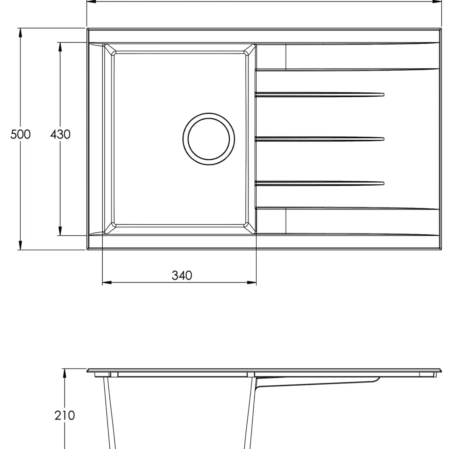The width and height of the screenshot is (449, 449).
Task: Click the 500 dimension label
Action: tap(21, 134)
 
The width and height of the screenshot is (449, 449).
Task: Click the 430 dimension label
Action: tap(60, 134)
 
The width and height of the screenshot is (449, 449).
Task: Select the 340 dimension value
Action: tap(182, 275)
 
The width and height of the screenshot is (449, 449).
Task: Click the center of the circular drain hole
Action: tap(209, 139)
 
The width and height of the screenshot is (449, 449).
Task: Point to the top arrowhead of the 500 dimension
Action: tap(21, 33)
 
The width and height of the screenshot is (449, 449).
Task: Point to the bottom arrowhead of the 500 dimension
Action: tap(21, 245)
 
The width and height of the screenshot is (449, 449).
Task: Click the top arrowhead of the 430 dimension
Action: tap(60, 47)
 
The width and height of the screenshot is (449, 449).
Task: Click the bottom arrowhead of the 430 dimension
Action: tap(60, 231)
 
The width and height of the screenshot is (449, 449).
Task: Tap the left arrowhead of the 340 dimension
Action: tap(107, 283)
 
